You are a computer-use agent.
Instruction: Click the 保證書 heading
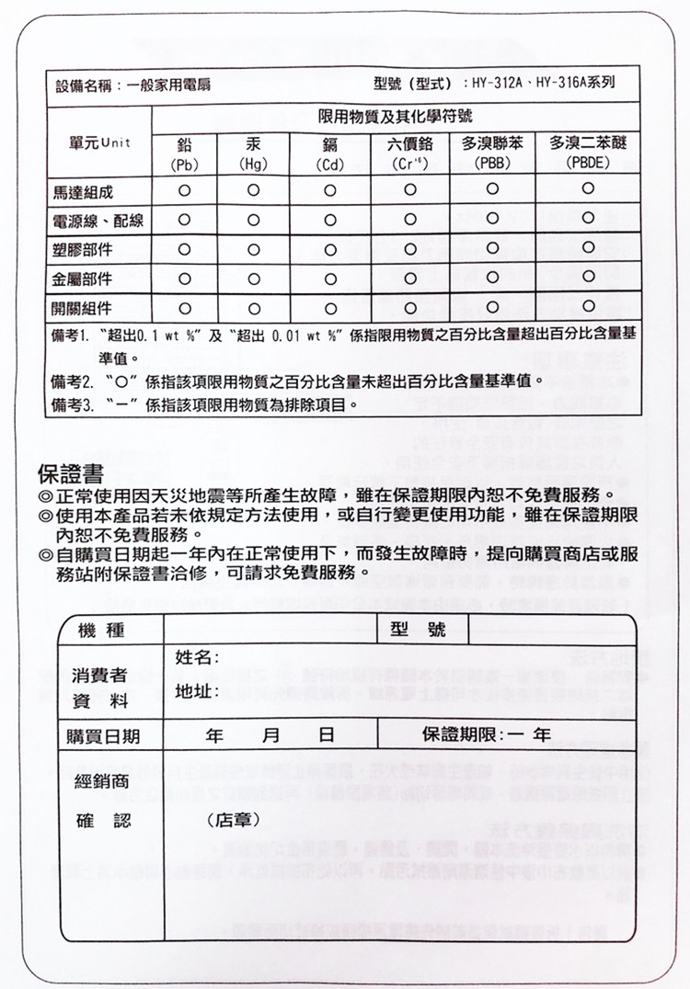pos(76,473)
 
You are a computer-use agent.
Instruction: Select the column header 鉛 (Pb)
pos(184,153)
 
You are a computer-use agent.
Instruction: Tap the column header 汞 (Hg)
pos(253,153)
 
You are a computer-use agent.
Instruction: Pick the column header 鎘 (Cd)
pos(328,153)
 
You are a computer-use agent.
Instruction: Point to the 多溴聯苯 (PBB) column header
pos(492,153)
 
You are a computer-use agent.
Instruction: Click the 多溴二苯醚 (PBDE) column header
pos(588,153)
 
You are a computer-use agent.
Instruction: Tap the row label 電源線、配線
pos(98,222)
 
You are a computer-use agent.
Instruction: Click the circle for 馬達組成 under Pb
pos(184,191)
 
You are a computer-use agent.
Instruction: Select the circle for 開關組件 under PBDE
pos(588,305)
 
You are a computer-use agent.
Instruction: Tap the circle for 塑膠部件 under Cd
pos(328,249)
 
